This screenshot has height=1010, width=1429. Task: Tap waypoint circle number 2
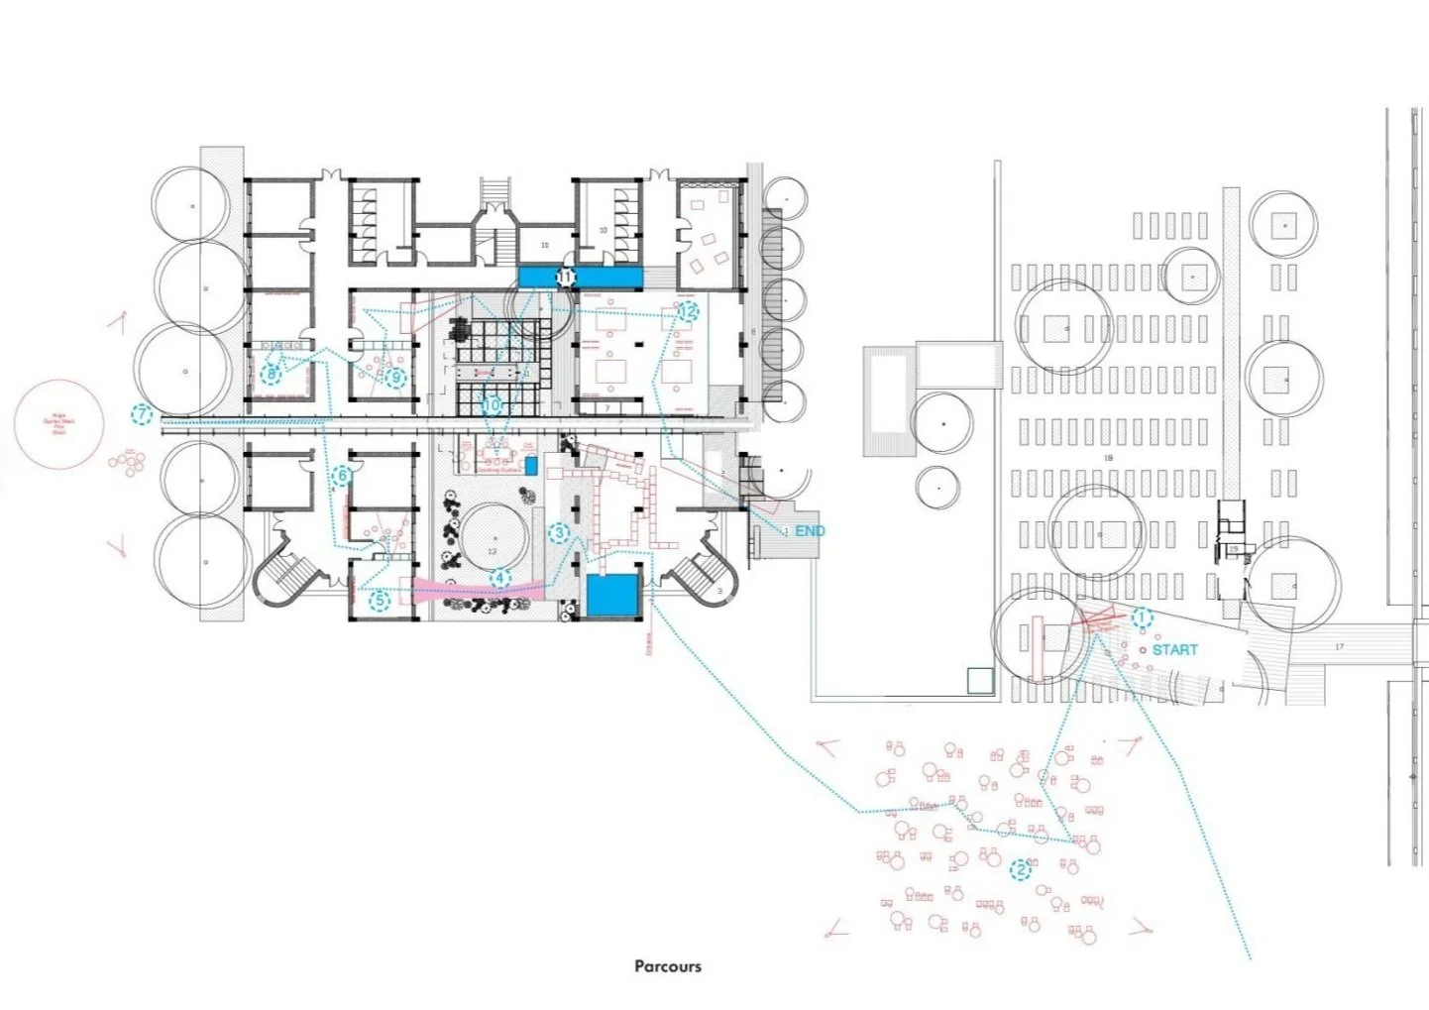click(1021, 870)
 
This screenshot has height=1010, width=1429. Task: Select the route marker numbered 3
click(559, 533)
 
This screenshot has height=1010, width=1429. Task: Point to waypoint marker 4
click(500, 579)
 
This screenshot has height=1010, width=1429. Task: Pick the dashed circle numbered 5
click(380, 600)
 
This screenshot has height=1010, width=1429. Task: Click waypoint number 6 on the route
click(343, 476)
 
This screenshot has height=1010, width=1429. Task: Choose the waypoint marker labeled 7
click(143, 414)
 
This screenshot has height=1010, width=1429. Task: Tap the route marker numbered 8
click(272, 374)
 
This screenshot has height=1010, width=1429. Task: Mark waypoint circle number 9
click(396, 377)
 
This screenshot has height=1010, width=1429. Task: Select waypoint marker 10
click(493, 404)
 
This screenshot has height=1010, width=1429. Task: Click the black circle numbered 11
click(565, 278)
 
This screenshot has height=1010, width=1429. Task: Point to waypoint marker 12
click(688, 311)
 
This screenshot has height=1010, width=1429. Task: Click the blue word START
click(1174, 649)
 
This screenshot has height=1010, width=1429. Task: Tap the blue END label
click(810, 531)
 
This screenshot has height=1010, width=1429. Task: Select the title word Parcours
click(668, 965)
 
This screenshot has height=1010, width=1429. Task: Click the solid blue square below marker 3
click(611, 595)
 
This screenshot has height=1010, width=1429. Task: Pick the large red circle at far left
click(59, 424)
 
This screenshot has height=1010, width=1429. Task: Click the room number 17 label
click(1339, 647)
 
